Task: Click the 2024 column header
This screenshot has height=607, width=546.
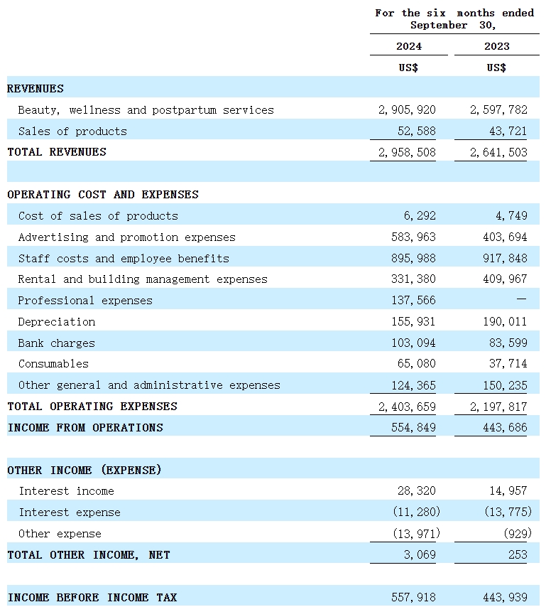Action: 408,46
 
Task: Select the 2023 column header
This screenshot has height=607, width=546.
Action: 496,46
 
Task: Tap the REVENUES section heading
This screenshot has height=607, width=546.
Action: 36,89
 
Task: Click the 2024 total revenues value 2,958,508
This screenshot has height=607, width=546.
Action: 407,152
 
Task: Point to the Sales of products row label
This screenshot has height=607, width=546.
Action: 72,131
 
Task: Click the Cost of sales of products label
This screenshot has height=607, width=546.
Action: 98,216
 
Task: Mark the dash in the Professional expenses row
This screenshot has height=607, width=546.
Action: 521,301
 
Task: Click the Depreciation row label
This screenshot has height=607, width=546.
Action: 57,322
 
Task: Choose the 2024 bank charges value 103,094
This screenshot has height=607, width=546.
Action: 413,343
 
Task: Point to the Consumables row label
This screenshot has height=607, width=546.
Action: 54,364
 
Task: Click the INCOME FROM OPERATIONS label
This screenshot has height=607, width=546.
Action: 85,428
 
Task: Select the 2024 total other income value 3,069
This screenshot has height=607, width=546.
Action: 420,555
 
